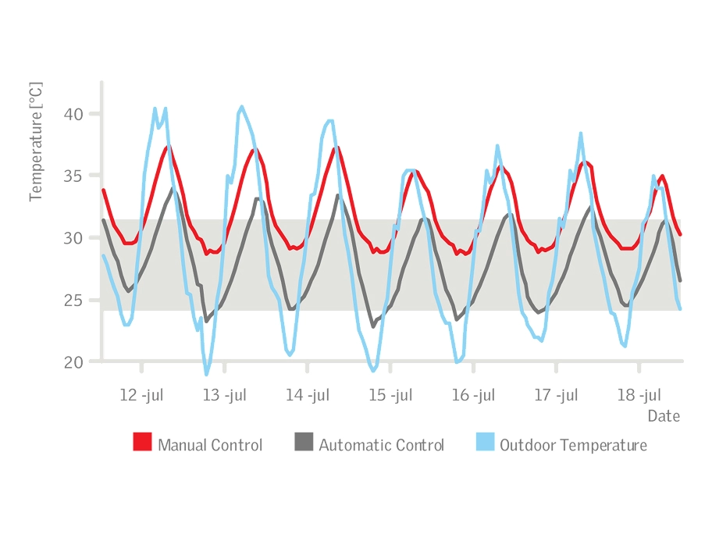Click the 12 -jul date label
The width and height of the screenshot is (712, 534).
(x=141, y=395)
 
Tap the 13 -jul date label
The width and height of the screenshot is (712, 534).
(x=225, y=395)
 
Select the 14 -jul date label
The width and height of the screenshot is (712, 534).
(x=308, y=395)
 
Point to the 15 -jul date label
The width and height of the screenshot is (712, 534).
(x=390, y=395)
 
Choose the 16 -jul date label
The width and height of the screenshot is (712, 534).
(x=473, y=395)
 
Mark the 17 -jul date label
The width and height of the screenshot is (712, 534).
(x=556, y=395)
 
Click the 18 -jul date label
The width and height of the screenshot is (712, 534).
(x=639, y=395)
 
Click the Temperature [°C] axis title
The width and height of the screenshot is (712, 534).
(x=36, y=141)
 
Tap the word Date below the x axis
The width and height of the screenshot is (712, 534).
(x=664, y=416)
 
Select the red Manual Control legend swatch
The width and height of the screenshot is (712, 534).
(x=142, y=443)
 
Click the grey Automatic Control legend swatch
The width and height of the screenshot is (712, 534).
(x=303, y=443)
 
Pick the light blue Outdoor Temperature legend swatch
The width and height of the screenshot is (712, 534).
(x=484, y=443)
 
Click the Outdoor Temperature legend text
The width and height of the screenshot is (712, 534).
(x=573, y=445)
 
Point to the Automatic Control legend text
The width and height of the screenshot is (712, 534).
(x=381, y=445)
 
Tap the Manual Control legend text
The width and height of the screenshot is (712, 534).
(x=210, y=445)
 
